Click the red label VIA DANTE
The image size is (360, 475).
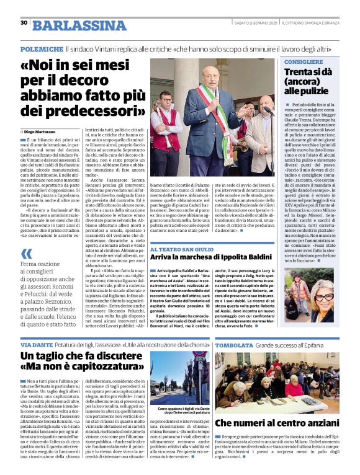click(36, 344)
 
